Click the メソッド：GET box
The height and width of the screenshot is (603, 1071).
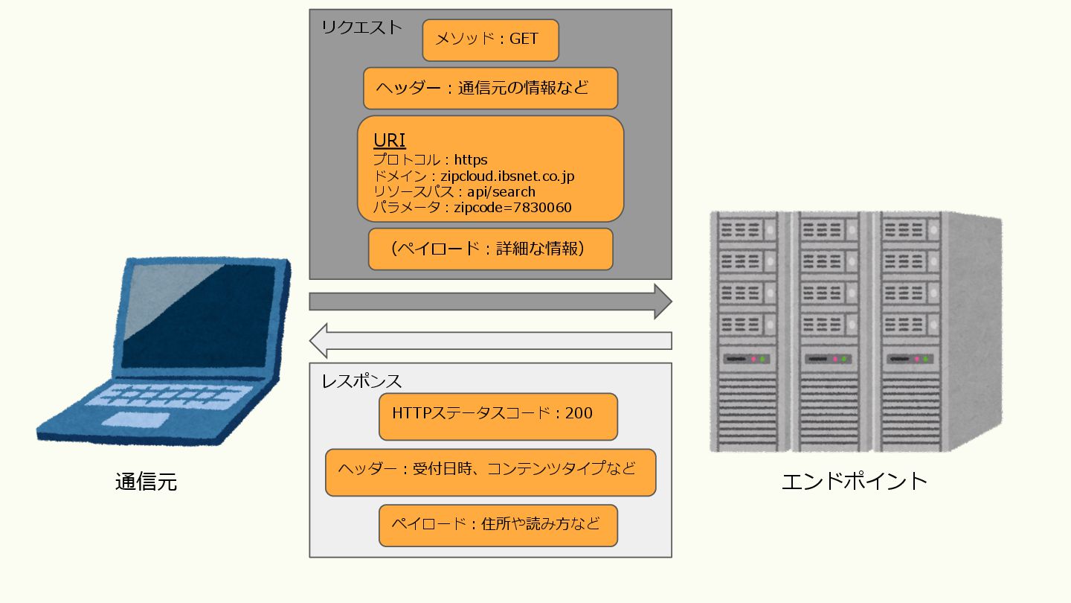pyautogui.click(x=490, y=40)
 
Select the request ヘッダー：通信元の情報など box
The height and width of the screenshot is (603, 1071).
pyautogui.click(x=490, y=89)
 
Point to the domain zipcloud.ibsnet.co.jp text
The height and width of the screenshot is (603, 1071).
pyautogui.click(x=508, y=176)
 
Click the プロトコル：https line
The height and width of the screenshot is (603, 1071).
pyautogui.click(x=430, y=160)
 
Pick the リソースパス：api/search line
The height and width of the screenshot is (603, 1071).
pyautogui.click(x=454, y=192)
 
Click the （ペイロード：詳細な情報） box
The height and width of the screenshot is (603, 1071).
pyautogui.click(x=490, y=249)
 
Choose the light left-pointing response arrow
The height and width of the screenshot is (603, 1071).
pyautogui.click(x=490, y=341)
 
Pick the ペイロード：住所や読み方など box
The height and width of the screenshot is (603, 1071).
pyautogui.click(x=498, y=525)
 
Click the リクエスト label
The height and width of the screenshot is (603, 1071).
pyautogui.click(x=361, y=28)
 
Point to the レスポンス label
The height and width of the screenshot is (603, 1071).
pyautogui.click(x=361, y=381)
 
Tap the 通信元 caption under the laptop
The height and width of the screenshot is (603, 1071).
pyautogui.click(x=147, y=482)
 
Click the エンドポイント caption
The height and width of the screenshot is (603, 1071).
pyautogui.click(x=855, y=481)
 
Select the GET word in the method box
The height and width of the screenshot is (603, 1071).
pyautogui.click(x=524, y=39)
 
